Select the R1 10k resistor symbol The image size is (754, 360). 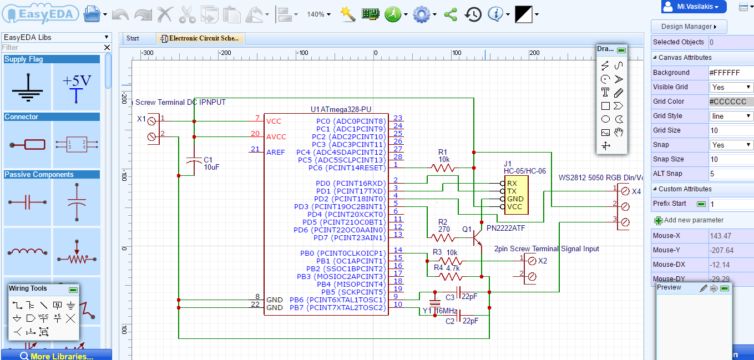[x=442, y=167]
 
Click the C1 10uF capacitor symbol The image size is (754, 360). [x=194, y=161]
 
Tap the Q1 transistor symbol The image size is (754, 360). [x=476, y=237]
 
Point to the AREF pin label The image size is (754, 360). [x=275, y=152]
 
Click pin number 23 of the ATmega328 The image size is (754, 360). [x=397, y=118]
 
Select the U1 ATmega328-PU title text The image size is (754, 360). [x=341, y=110]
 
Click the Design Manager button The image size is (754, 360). [x=689, y=27]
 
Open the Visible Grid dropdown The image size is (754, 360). [x=731, y=87]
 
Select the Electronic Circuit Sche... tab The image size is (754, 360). [x=201, y=38]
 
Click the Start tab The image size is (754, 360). [x=133, y=38]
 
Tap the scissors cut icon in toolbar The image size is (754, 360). [x=188, y=14]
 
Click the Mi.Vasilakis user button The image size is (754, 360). [x=694, y=7]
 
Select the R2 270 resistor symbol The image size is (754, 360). [x=442, y=237]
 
